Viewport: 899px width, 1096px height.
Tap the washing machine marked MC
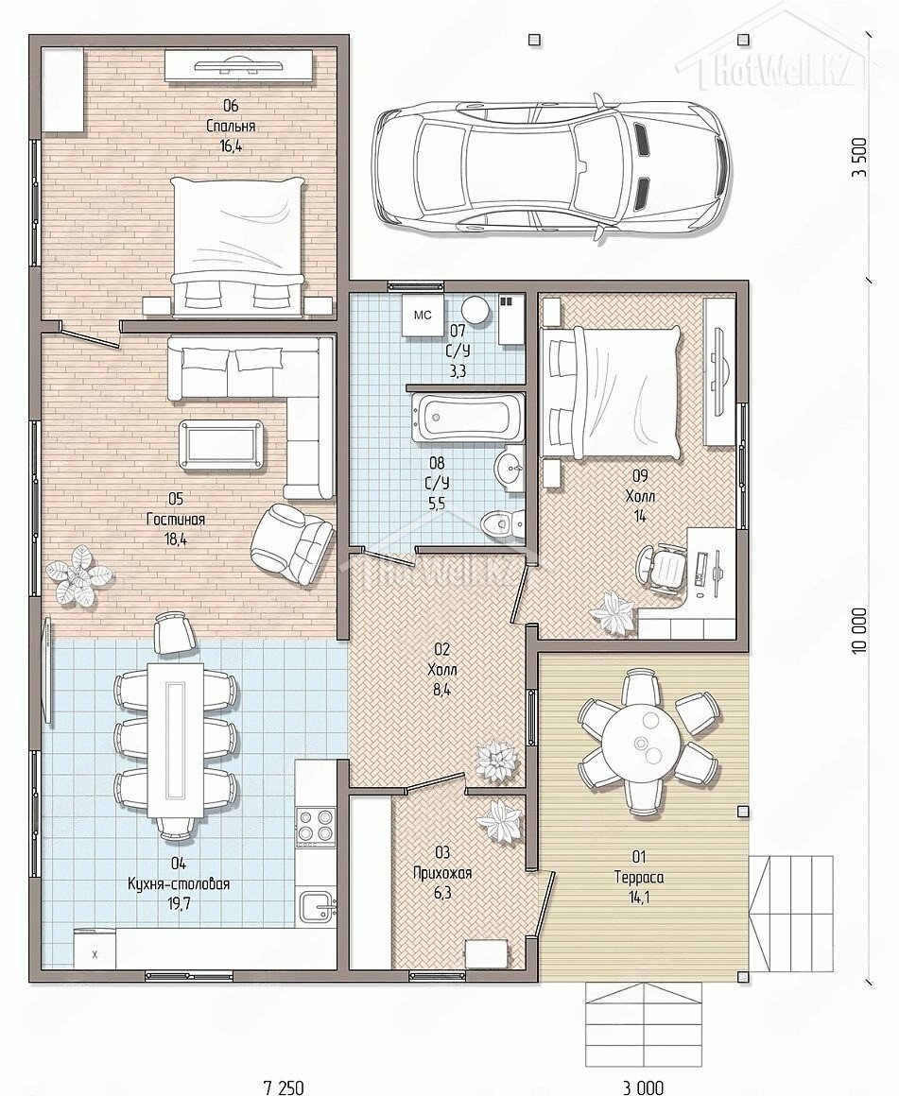point(424,316)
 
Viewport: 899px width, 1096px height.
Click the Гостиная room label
point(176,520)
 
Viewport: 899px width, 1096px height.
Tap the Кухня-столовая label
point(179,883)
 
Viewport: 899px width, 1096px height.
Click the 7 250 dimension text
point(284,1087)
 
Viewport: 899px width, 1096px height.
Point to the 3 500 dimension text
point(859,157)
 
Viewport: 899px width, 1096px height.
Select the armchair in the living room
point(291,540)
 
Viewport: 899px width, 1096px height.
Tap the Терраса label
point(639,877)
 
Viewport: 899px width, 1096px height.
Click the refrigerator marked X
point(95,948)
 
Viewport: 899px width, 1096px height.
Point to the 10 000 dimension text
point(859,630)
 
